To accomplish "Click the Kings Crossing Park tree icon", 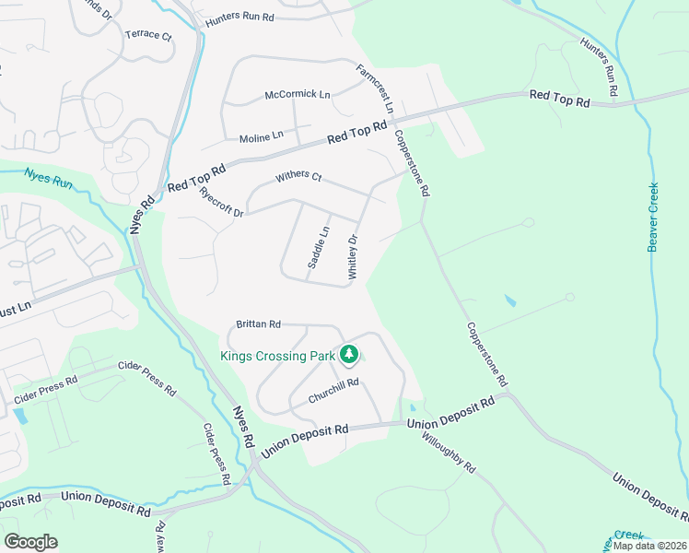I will (349, 354).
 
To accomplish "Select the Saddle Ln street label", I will (318, 247).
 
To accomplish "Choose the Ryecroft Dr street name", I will (221, 202).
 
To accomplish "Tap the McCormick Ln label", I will (297, 94).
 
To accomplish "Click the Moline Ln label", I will (261, 137).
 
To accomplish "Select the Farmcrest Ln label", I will (376, 88).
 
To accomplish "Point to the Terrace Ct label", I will (148, 36).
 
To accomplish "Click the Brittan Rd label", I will (258, 324).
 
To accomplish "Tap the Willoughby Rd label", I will (450, 454).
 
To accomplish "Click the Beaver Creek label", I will (653, 217).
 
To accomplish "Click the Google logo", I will (30, 541).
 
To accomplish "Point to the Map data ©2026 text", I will (648, 546).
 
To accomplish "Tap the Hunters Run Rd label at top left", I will (240, 17).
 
